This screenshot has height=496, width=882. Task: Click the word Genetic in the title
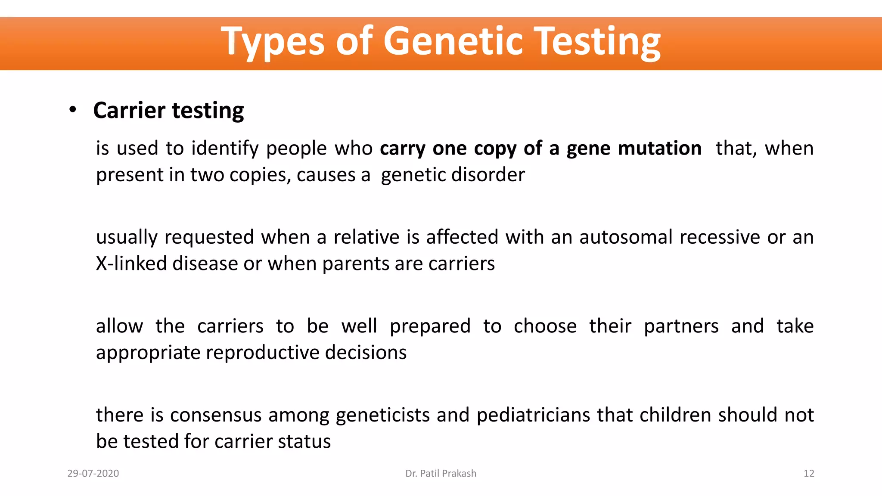453,41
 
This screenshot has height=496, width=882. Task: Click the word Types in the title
272,42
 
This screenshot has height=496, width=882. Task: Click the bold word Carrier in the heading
129,110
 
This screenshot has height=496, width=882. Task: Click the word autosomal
626,237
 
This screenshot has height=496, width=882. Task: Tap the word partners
681,326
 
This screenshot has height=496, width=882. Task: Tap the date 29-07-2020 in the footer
93,473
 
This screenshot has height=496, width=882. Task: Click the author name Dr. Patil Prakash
441,473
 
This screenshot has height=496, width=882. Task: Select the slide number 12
809,473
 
